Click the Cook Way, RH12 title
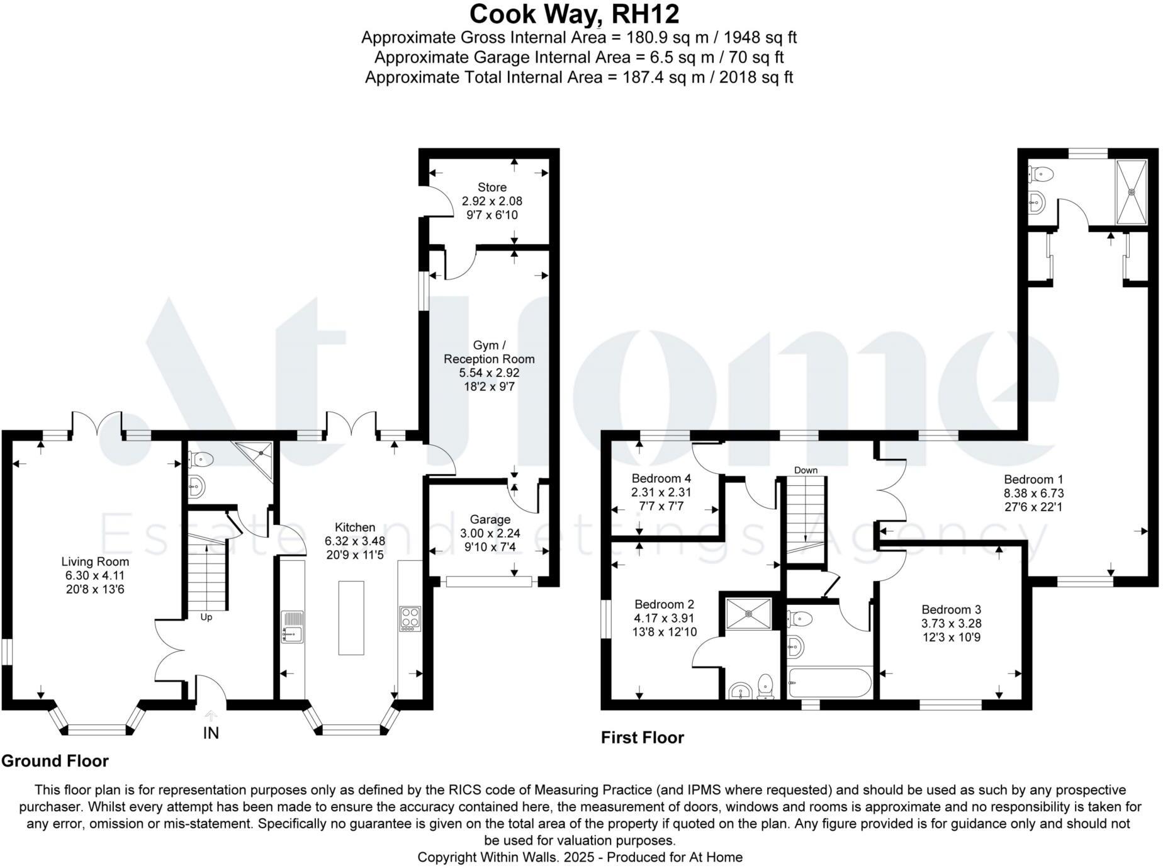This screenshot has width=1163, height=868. point(574,14)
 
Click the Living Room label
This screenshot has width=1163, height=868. point(95,561)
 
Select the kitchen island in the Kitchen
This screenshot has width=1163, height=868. point(351,617)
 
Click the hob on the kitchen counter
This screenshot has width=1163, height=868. point(410,618)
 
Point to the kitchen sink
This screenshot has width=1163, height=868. point(293,626)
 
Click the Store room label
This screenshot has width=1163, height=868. point(492,187)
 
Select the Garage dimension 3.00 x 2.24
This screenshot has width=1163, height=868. point(490,534)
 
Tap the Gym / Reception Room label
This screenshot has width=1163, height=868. point(489,352)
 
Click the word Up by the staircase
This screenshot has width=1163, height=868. point(206,617)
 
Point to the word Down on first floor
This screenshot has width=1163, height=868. point(806,470)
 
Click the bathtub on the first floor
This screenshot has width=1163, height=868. point(829,683)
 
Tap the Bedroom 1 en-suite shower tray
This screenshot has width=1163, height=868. point(1132,191)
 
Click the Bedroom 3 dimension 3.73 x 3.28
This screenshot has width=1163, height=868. point(951,623)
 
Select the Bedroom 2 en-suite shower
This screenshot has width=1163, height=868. point(748,613)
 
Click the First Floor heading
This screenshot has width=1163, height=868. point(642,737)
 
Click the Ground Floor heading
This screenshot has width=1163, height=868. point(55,761)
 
